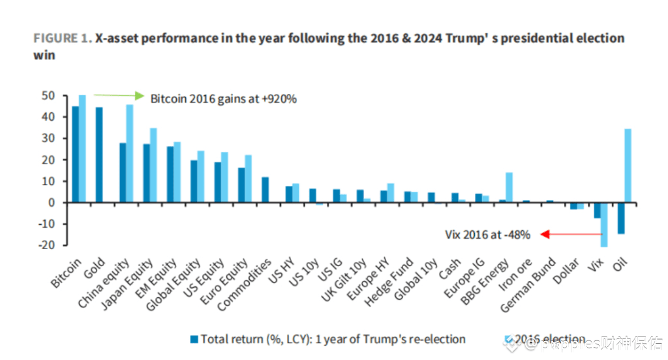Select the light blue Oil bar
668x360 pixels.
(x=628, y=166)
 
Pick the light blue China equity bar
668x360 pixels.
(x=130, y=153)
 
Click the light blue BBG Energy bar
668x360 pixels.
(x=509, y=187)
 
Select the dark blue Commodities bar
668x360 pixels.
(x=265, y=190)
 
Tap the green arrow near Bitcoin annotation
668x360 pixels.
(x=118, y=95)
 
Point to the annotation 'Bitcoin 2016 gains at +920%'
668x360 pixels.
(x=224, y=99)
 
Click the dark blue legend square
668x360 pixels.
(x=194, y=339)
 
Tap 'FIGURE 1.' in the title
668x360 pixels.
(x=63, y=38)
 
